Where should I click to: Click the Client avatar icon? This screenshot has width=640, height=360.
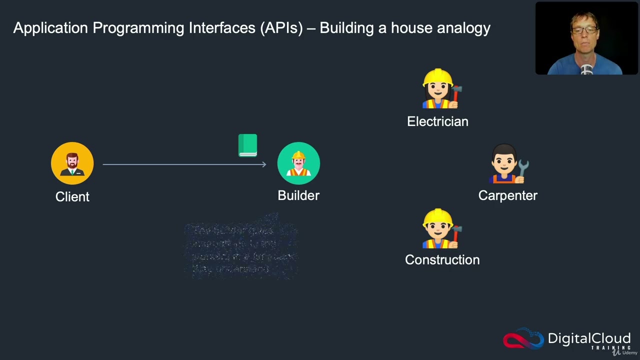72,163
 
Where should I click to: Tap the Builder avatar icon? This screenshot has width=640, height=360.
298,163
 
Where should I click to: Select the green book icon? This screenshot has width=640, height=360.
247,145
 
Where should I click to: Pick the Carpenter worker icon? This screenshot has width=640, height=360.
508,164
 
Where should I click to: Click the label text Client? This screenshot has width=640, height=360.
72,197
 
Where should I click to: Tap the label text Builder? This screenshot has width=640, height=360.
298,196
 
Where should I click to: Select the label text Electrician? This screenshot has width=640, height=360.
437,121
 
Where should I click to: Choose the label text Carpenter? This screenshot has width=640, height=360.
507,196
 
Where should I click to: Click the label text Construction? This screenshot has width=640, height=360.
442,260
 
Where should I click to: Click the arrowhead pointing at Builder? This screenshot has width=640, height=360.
263,164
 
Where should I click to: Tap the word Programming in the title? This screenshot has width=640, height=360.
137,28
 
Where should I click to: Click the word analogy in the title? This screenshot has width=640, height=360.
463,28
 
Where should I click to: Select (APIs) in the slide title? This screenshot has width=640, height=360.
281,28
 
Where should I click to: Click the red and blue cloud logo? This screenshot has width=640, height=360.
523,339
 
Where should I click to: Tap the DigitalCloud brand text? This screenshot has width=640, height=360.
588,338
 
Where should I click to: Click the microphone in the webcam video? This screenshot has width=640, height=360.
587,69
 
